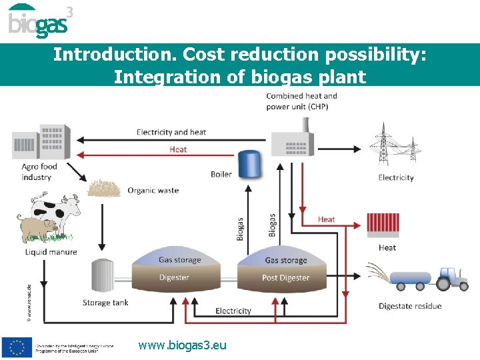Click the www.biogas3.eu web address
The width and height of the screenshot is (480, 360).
pyautogui.click(x=182, y=345)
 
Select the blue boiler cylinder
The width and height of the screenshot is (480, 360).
pyautogui.click(x=250, y=164)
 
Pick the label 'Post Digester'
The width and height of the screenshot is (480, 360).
pyautogui.click(x=285, y=277)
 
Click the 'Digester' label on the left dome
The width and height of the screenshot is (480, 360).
pyautogui.click(x=174, y=277)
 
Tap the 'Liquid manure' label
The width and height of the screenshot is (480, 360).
pyautogui.click(x=51, y=252)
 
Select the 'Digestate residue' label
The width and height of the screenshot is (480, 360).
pyautogui.click(x=409, y=306)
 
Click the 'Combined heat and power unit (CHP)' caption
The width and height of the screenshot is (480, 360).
pyautogui.click(x=301, y=101)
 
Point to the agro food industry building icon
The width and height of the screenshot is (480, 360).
pyautogui.click(x=41, y=141)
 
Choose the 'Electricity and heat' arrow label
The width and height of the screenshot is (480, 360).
pyautogui.click(x=171, y=132)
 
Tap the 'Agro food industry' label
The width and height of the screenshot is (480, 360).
pyautogui.click(x=39, y=172)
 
